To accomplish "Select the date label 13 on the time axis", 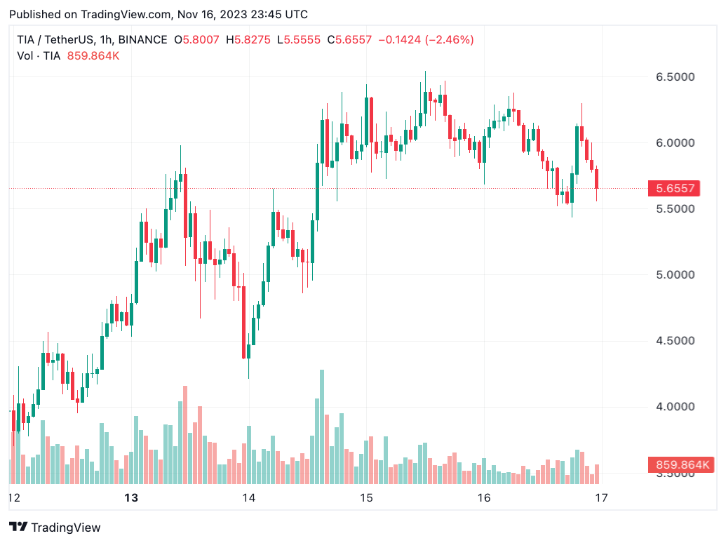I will (130, 498).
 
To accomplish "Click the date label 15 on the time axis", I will (365, 498).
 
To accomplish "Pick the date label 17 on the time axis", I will (600, 498).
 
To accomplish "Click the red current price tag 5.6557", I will (675, 188).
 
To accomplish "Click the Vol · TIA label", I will (39, 55).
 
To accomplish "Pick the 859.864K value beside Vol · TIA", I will (93, 55).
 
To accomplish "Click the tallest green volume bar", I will (322, 427).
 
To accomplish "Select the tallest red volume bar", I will (185, 434).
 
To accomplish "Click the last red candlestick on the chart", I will (597, 178).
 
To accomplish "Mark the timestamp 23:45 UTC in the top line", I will (277, 14).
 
